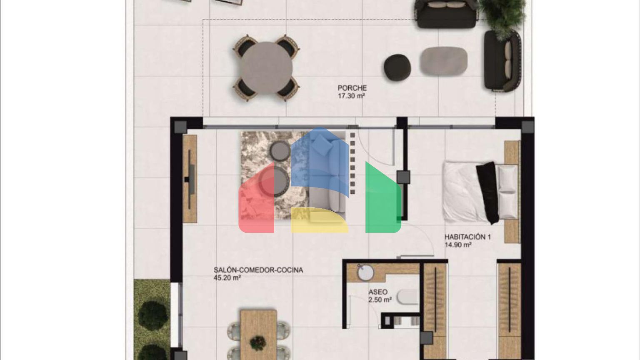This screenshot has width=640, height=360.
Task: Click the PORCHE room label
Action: point(352,88)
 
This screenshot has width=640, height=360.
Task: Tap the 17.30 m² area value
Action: point(351,96)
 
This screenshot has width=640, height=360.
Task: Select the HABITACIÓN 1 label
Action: point(467,237)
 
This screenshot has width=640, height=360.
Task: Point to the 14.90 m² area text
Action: point(458,245)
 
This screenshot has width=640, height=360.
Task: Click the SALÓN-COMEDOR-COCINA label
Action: point(258,270)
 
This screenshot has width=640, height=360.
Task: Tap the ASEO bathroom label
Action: point(378,292)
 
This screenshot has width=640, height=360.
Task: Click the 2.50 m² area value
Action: point(380,300)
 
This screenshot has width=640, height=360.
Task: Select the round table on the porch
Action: point(266,68)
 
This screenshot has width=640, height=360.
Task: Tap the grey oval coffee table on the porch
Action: point(444,61)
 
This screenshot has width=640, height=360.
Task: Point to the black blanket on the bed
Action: point(487,193)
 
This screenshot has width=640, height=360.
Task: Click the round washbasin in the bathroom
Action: point(365,273)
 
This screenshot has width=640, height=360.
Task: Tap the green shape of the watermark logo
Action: point(383,197)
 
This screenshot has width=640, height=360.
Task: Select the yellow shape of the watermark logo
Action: point(320,220)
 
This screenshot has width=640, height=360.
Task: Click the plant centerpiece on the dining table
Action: point(258,342)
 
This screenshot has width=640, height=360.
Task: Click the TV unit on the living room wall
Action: point(190,179)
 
